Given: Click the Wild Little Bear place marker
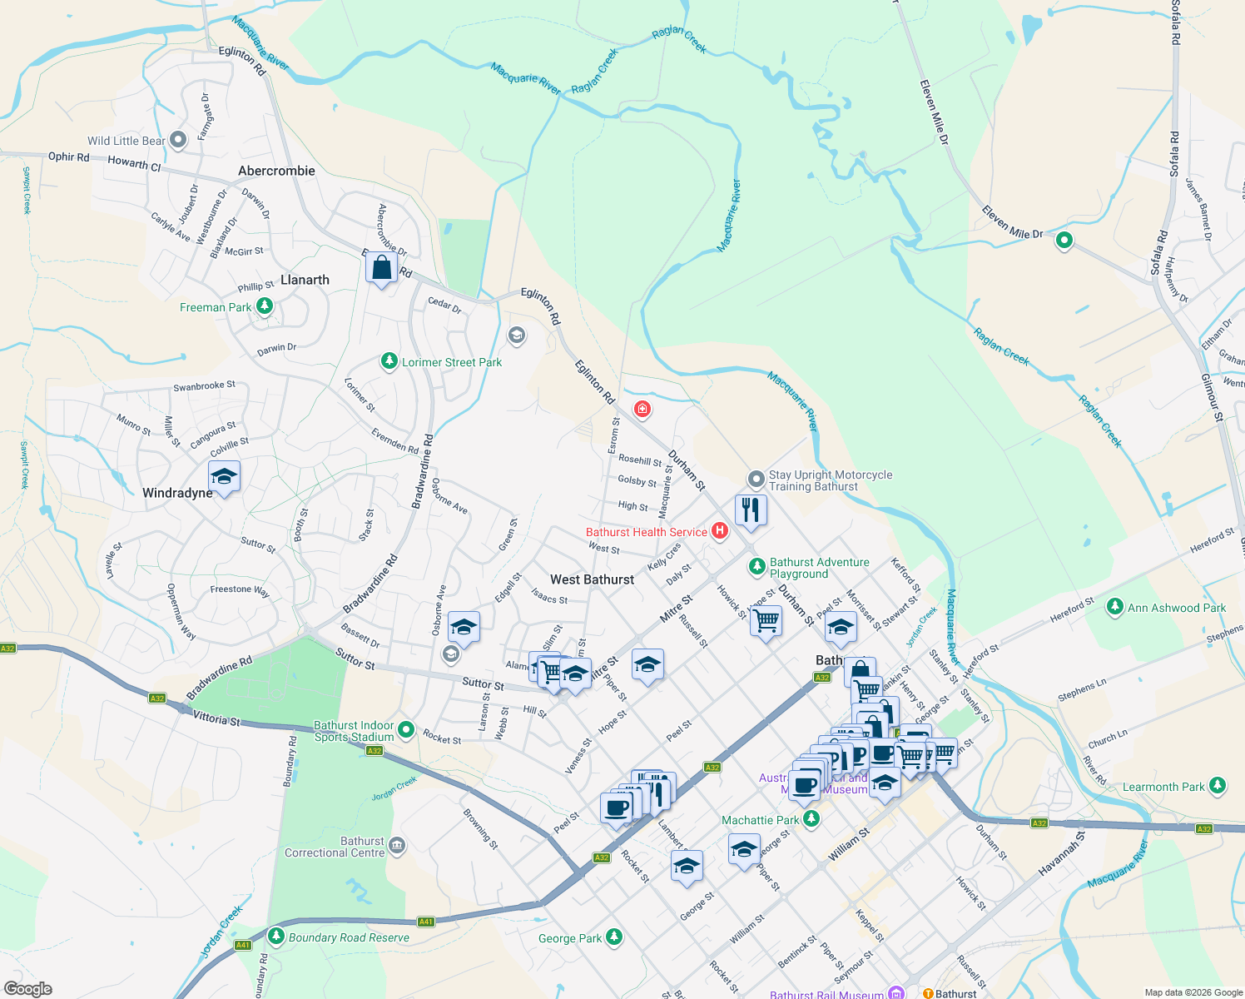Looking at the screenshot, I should click(x=178, y=141).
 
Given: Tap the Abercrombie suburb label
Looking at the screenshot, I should click(x=276, y=171).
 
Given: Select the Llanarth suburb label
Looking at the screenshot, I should click(x=305, y=280).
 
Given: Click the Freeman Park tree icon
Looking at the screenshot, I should click(x=265, y=307).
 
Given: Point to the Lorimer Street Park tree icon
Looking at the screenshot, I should click(x=389, y=361).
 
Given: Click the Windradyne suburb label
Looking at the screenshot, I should click(x=177, y=493).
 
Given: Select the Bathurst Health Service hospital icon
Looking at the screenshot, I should click(x=720, y=531).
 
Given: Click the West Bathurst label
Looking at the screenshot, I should click(x=592, y=579).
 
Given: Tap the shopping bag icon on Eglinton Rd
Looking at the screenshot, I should click(x=381, y=268).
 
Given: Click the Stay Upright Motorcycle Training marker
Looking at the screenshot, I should click(x=756, y=480).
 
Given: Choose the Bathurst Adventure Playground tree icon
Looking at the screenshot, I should click(x=756, y=567).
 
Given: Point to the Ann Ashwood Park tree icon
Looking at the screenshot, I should click(x=1115, y=607).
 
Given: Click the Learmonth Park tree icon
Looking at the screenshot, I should click(x=1218, y=786).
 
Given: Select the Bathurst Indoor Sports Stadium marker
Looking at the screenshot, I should click(x=406, y=730).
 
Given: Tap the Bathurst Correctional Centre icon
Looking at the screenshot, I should click(x=397, y=847).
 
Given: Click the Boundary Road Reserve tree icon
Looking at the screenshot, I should click(x=276, y=937).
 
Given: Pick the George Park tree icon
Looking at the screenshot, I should click(x=614, y=937).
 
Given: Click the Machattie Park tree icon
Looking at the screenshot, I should click(x=811, y=819).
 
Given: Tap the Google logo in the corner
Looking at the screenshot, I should click(x=28, y=989).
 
